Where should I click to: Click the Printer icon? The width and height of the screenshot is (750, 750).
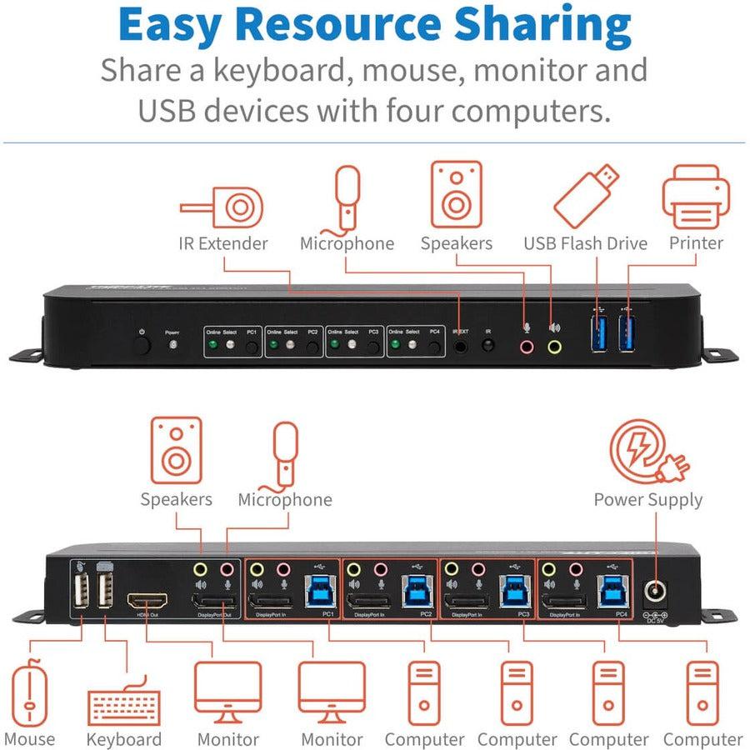tap(695, 197)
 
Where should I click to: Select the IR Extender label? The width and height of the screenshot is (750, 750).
tap(223, 243)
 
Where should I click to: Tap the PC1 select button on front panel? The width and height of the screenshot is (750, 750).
tap(252, 344)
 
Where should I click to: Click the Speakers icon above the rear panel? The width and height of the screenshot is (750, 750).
tap(176, 451)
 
